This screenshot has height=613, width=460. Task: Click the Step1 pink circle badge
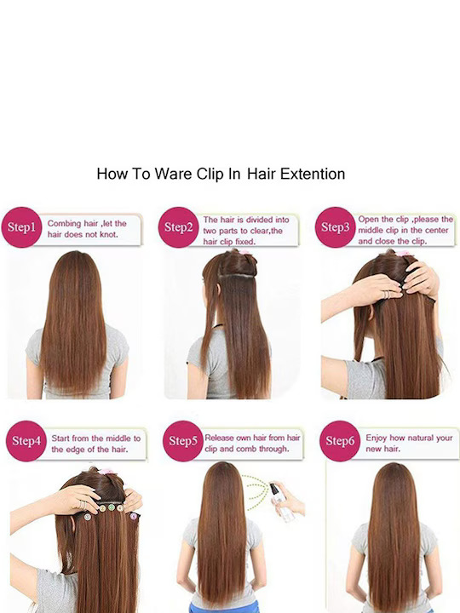pyautogui.click(x=22, y=227)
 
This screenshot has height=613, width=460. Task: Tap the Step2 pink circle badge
pyautogui.click(x=180, y=226)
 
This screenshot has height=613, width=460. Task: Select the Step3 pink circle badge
pyautogui.click(x=335, y=227)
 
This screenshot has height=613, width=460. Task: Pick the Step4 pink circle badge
pyautogui.click(x=26, y=441)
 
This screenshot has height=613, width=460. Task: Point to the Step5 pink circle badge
pyautogui.click(x=182, y=441)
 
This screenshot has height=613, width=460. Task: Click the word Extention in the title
pyautogui.click(x=310, y=174)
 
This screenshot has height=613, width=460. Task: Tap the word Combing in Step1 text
pyautogui.click(x=65, y=223)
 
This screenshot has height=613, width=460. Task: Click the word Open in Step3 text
pyautogui.click(x=369, y=220)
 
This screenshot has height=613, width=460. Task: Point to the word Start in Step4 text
pyautogui.click(x=62, y=438)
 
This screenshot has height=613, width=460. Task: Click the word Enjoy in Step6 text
pyautogui.click(x=377, y=438)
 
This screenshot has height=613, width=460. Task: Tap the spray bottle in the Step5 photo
pyautogui.click(x=277, y=496)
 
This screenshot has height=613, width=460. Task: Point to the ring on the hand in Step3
pyautogui.click(x=384, y=294)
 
